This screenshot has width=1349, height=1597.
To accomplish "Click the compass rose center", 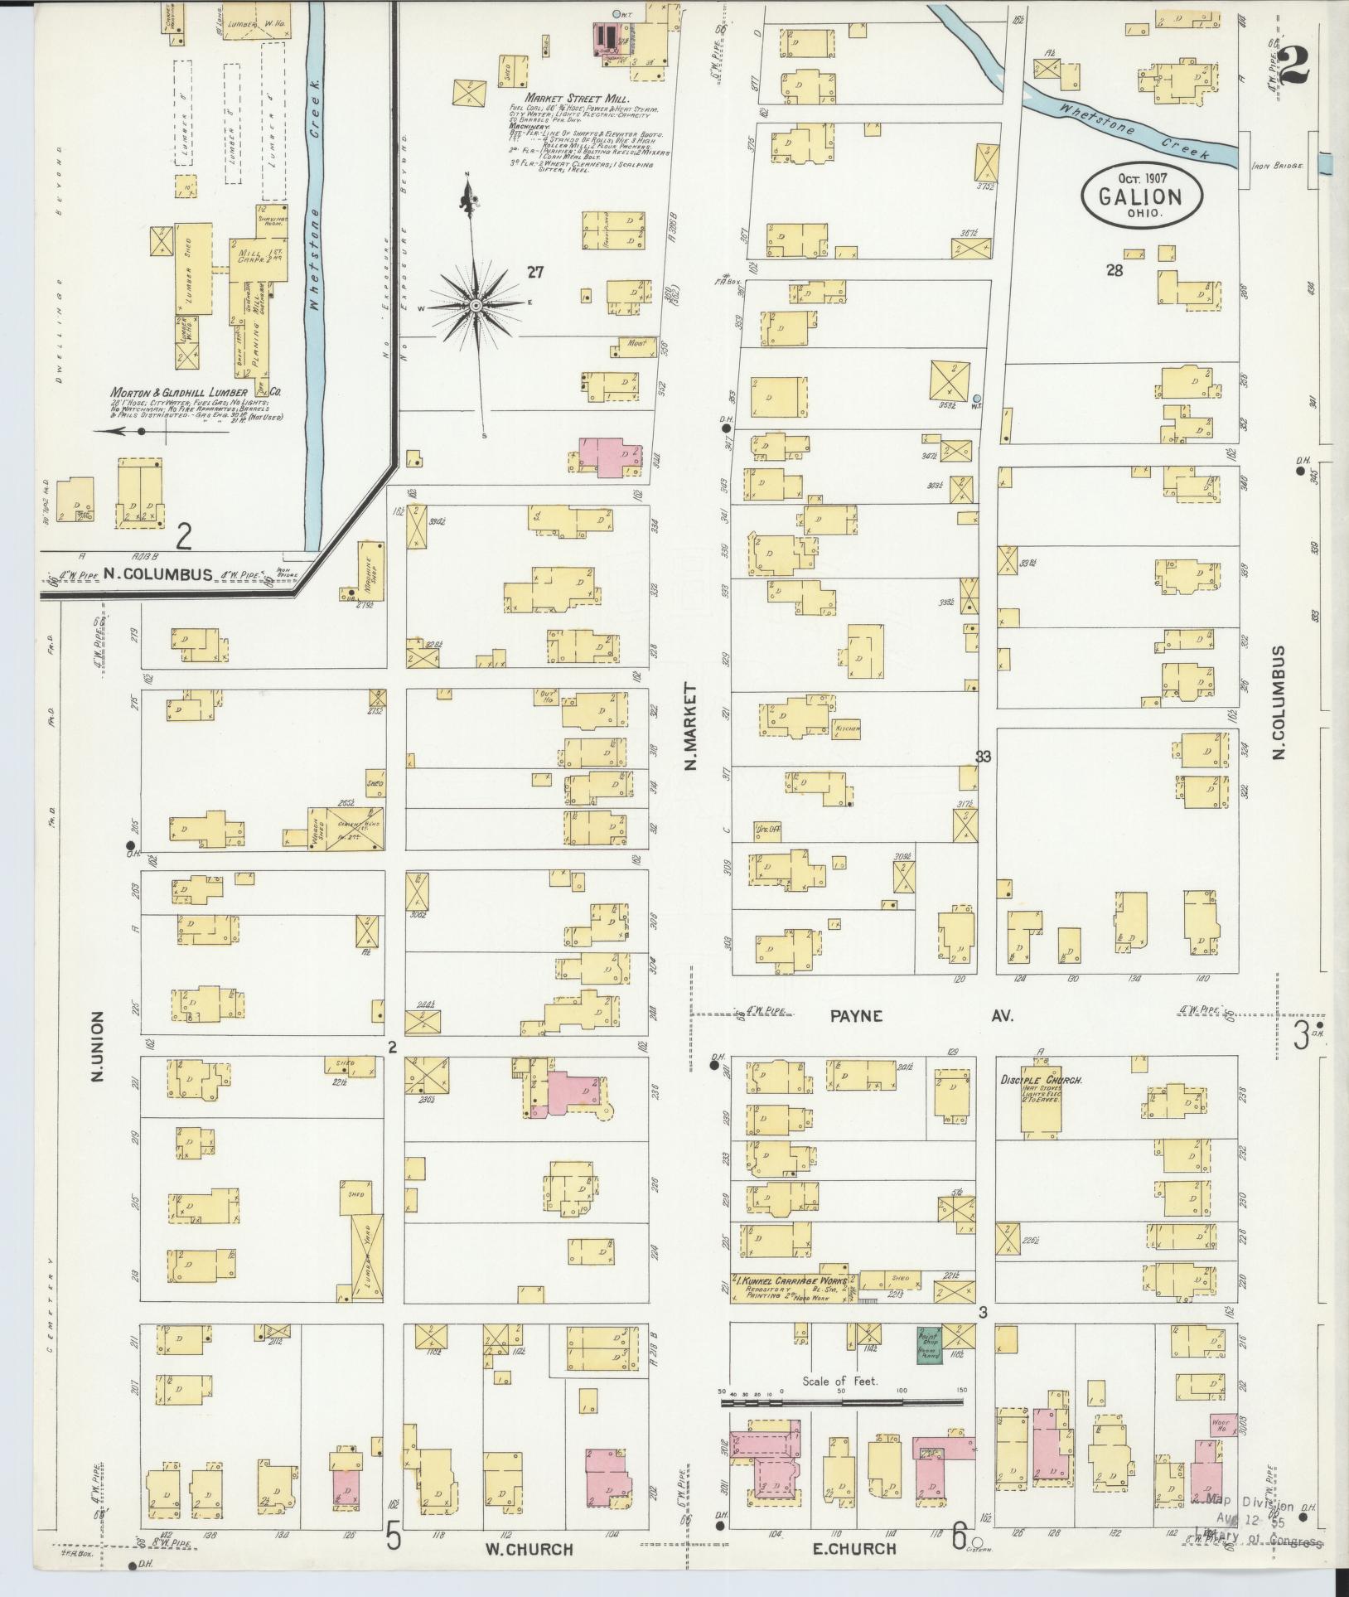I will click(x=476, y=306).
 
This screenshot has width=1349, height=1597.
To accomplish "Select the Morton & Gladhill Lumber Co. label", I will click(x=196, y=392).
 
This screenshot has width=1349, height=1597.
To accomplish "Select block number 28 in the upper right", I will click(x=1113, y=269).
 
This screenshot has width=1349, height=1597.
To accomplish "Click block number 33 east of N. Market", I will click(x=983, y=756).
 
